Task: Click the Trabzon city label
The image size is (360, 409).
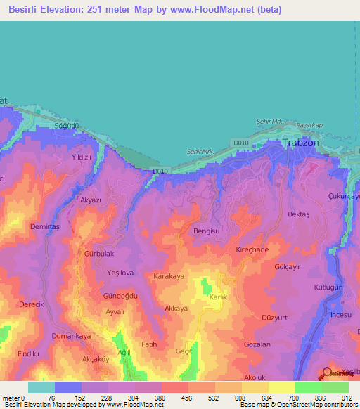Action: click(x=300, y=143)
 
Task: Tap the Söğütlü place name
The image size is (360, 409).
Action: click(x=68, y=126)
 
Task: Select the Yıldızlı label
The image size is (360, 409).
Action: click(x=77, y=158)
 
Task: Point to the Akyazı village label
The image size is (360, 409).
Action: click(x=91, y=200)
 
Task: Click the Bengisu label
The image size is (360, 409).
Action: click(x=206, y=231)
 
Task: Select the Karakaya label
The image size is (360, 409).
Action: click(x=169, y=277)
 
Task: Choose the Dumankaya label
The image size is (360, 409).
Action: click(x=71, y=337)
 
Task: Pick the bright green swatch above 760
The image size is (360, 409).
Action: click(x=308, y=387)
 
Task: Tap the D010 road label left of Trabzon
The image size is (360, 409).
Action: click(x=241, y=143)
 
